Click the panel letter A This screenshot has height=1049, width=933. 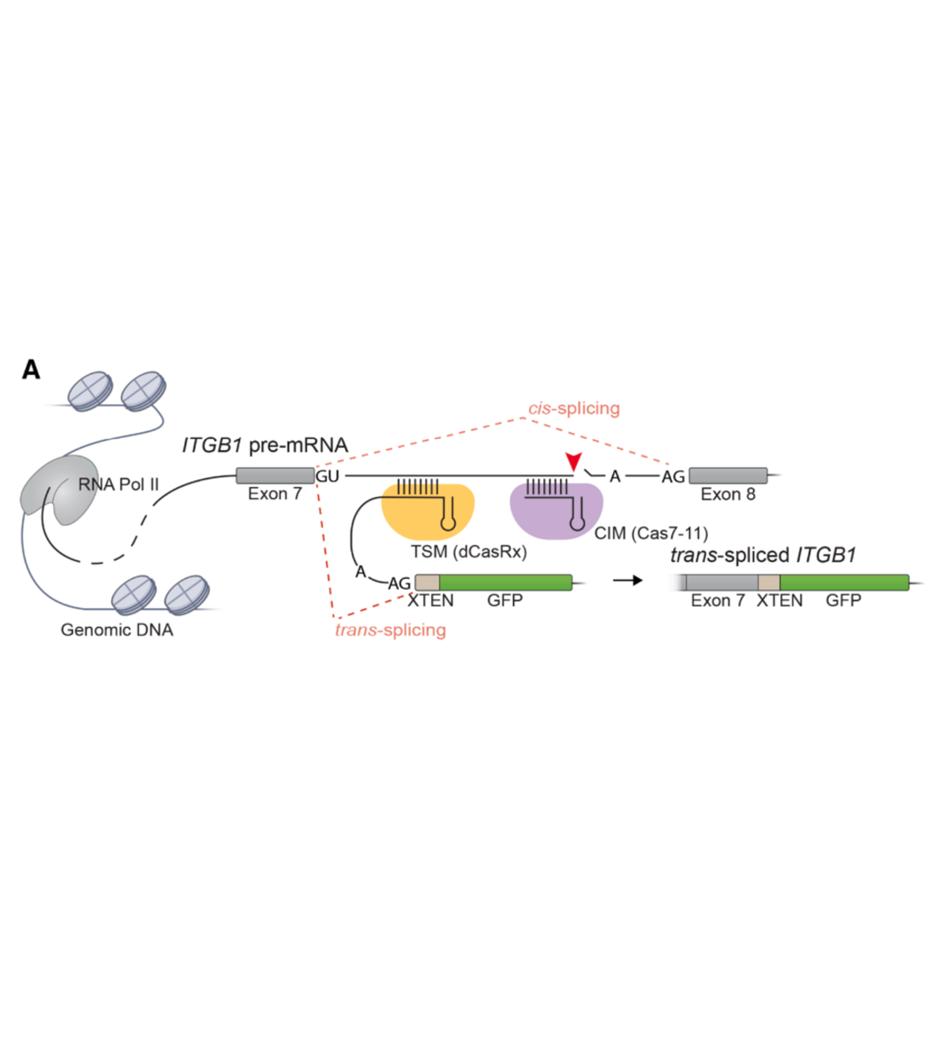[x=31, y=370]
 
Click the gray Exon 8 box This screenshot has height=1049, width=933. [x=728, y=476]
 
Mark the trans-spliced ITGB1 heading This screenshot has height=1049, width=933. [x=763, y=555]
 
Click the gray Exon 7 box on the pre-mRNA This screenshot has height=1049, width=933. [x=275, y=476]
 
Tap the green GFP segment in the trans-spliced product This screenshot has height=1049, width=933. [x=844, y=583]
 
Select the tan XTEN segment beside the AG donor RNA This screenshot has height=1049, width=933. [x=427, y=583]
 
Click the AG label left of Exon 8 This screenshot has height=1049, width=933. [x=673, y=477]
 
